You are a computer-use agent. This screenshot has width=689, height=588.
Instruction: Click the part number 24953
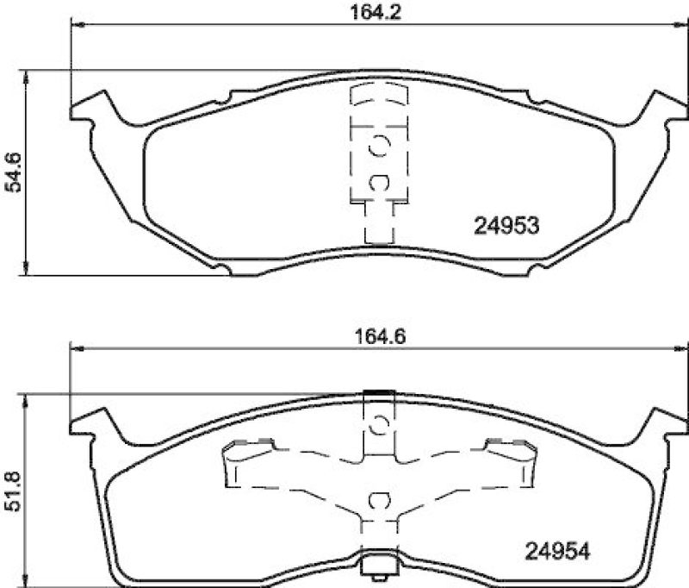point(506,226)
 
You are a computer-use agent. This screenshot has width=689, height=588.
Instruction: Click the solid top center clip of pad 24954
point(377,395)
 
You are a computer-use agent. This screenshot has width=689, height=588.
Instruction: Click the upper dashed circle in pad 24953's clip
point(378,147)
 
